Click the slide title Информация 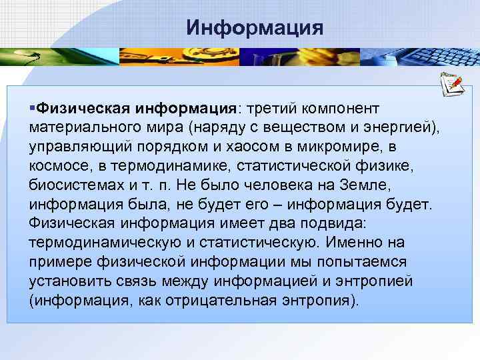coord(255,27)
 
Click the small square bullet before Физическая coord(33,107)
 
